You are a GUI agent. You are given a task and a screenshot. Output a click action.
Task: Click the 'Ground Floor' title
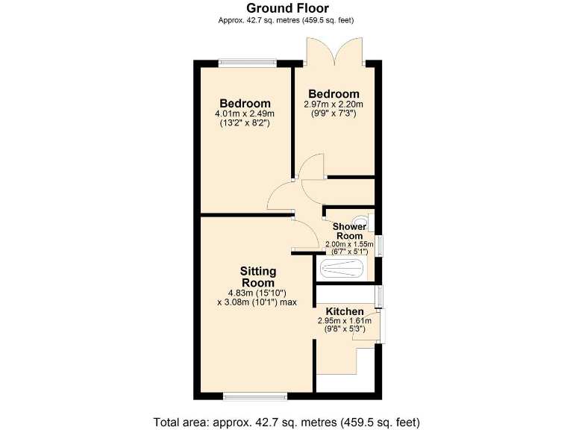286,8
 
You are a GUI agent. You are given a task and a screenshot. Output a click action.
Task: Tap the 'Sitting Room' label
258,276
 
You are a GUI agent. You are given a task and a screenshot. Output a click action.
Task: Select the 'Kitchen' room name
344,311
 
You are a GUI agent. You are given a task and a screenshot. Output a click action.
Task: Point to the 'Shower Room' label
349,231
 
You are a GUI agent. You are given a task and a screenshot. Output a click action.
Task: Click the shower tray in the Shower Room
343,269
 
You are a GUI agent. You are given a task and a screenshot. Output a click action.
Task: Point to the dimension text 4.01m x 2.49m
244,113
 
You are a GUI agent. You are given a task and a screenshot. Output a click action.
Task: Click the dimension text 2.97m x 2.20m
333,104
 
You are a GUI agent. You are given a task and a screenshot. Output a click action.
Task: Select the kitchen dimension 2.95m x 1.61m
344,320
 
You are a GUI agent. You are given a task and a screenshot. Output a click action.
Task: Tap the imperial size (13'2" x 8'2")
244,122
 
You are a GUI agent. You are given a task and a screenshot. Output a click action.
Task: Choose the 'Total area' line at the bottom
286,421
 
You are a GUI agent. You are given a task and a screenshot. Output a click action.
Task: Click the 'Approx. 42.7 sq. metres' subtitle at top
286,20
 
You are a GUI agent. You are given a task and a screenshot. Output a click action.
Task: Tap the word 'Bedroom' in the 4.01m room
244,103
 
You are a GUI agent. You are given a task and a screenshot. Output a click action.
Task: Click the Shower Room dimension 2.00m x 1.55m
349,244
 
